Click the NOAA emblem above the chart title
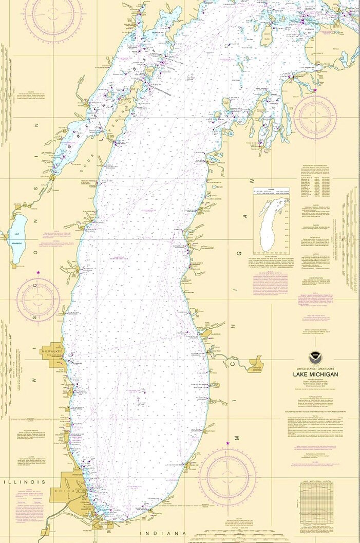(x=313, y=358)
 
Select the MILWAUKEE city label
(x=52, y=352)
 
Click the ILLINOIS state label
(x=24, y=482)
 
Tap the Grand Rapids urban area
(x=255, y=366)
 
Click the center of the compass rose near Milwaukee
(x=38, y=299)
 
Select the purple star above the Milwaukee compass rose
(x=38, y=272)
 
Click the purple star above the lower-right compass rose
(x=228, y=443)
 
